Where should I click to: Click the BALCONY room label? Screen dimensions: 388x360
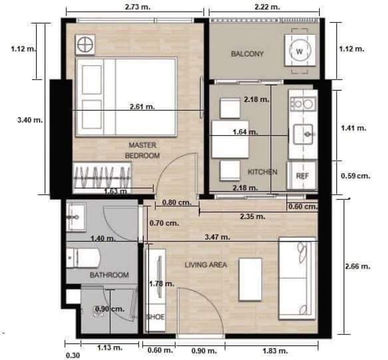(247, 54)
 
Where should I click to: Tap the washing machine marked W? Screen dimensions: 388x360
(300, 51)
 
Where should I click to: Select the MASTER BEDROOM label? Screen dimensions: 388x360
(142, 151)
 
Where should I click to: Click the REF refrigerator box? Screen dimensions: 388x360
(302, 175)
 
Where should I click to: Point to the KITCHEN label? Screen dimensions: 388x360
(262, 172)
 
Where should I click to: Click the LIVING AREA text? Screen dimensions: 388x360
(206, 265)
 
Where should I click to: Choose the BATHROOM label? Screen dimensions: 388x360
(109, 275)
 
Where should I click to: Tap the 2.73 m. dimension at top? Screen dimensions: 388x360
(137, 7)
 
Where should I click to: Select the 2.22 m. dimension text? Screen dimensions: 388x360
(267, 7)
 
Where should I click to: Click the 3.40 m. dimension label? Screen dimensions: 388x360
(30, 120)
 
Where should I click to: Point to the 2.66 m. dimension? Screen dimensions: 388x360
(358, 266)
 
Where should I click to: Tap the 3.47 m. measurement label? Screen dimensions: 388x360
(218, 237)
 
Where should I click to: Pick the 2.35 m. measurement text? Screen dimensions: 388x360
(253, 216)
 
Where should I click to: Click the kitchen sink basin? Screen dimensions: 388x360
(303, 134)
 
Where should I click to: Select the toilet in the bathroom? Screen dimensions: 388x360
(83, 258)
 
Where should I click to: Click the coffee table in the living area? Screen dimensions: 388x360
(250, 280)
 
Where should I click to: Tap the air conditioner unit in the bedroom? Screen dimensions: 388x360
(85, 45)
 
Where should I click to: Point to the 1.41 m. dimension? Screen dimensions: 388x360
(354, 128)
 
